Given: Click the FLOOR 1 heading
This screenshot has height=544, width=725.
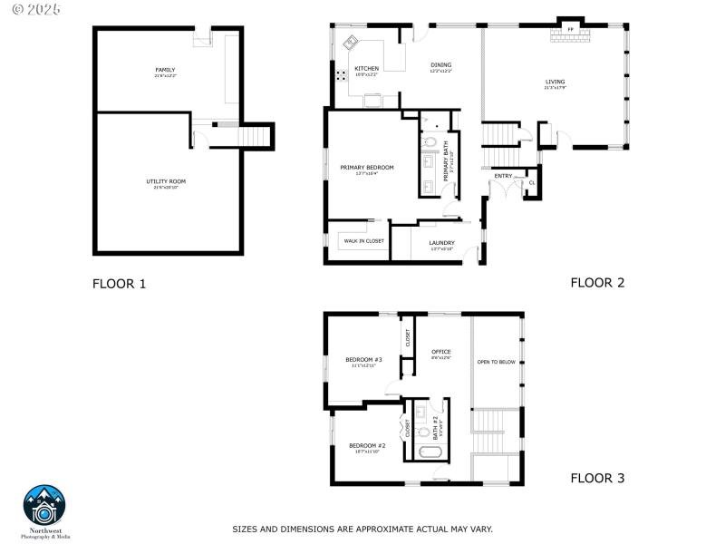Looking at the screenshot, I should [119, 284].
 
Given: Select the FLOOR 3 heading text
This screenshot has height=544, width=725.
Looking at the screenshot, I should [597, 478].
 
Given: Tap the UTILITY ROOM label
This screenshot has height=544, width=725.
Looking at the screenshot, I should [166, 181].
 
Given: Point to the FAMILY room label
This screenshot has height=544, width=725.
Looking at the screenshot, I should [165, 70].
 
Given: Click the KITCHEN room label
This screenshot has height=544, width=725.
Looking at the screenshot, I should [366, 69].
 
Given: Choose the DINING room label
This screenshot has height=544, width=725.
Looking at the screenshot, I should [440, 65].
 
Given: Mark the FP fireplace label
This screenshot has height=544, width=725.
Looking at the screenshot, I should [571, 30].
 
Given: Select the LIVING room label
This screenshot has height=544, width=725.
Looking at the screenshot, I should [555, 83].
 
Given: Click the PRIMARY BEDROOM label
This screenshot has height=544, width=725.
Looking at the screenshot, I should [367, 168].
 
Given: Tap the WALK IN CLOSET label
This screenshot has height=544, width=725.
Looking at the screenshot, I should [363, 241].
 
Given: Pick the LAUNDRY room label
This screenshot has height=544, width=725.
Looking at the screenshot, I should [441, 242].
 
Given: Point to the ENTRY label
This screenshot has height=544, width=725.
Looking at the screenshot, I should [503, 176].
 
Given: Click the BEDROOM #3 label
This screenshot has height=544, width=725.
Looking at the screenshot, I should [363, 360].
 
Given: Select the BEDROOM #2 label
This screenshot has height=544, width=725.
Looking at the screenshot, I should [367, 445].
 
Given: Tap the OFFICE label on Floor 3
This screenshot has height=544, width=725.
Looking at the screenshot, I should [441, 352].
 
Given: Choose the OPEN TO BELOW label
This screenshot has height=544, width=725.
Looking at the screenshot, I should [496, 362].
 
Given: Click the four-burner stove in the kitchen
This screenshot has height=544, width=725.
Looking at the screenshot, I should [342, 76].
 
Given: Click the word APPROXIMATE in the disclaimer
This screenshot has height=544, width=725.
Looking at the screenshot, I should [362, 529].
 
